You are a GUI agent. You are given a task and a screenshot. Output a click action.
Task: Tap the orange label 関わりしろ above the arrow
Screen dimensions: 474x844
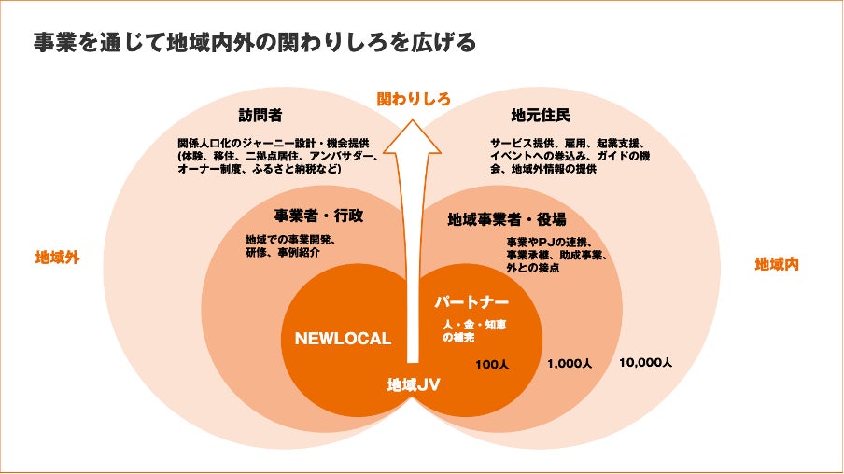coord(414,98)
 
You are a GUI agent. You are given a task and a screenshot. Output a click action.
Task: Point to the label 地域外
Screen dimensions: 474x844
coord(56,258)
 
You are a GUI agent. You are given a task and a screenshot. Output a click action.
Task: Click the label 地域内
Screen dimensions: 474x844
coord(776,264)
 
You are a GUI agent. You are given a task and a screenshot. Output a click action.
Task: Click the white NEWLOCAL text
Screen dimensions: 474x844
coord(343,339)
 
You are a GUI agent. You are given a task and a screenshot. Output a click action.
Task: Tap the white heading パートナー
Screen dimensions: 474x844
coord(472,303)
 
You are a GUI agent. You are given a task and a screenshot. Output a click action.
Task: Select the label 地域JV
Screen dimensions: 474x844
coord(414,383)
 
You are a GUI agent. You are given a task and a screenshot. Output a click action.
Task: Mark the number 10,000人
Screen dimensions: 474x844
coord(645,362)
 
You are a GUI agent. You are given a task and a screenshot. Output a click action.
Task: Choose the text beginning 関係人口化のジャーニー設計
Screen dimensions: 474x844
coord(278,157)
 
